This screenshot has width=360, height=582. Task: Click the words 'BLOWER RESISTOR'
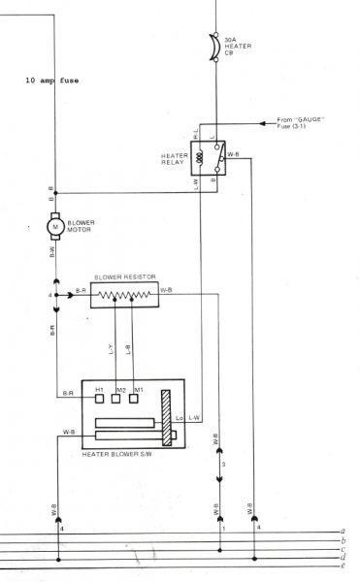123,275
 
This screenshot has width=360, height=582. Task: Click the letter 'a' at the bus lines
344,531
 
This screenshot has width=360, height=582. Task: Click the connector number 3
224,467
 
